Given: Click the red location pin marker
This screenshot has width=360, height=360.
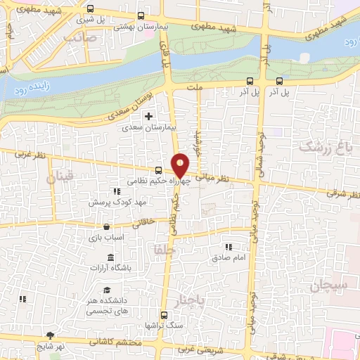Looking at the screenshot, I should [181, 165].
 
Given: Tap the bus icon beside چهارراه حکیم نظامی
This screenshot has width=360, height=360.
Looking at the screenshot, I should [158, 169].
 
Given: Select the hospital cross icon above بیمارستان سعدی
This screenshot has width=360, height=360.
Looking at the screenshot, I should [148, 116].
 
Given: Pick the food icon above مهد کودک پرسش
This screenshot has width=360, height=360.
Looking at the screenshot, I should [116, 191].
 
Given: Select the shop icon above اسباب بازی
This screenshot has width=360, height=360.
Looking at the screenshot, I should [105, 227].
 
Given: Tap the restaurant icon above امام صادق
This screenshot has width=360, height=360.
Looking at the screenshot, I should [228, 247].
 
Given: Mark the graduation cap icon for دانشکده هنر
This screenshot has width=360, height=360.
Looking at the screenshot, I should [107, 290].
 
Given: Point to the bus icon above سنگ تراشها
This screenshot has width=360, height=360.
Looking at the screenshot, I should [164, 315].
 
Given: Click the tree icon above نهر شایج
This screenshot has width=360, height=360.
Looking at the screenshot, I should [49, 335].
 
